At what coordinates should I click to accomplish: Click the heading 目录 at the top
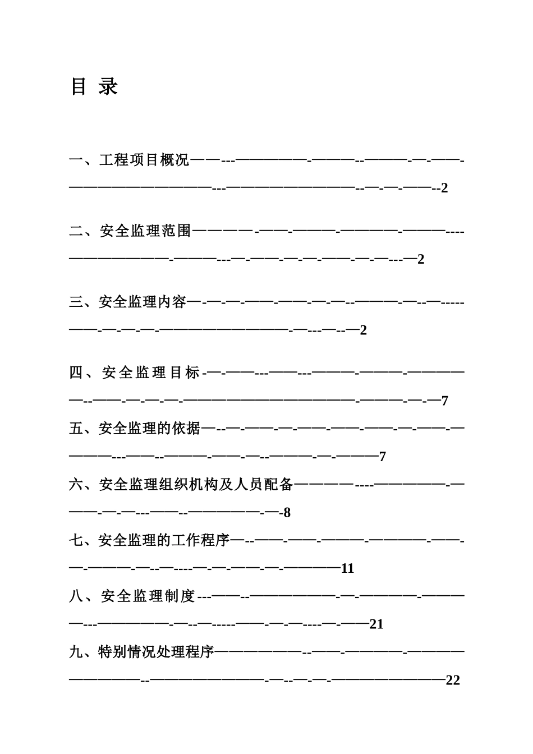(x=94, y=87)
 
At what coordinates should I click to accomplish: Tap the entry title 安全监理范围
(x=145, y=231)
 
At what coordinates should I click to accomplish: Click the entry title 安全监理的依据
(x=150, y=429)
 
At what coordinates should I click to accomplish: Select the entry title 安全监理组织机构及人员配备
(x=196, y=484)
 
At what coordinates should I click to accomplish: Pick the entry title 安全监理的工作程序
(x=164, y=540)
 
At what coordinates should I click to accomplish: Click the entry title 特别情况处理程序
(x=157, y=652)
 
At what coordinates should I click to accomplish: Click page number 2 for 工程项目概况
(x=444, y=188)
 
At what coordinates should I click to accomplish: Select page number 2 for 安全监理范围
(x=421, y=259)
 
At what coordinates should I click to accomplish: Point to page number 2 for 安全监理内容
(x=363, y=330)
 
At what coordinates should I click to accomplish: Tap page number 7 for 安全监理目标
(x=444, y=401)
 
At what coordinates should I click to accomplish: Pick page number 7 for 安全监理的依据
(x=383, y=457)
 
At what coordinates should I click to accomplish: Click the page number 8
(x=287, y=513)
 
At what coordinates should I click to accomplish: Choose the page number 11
(x=348, y=569)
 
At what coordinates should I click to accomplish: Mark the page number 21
(x=376, y=624)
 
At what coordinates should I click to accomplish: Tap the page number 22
(x=453, y=681)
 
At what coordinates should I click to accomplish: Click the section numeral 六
(x=76, y=484)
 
